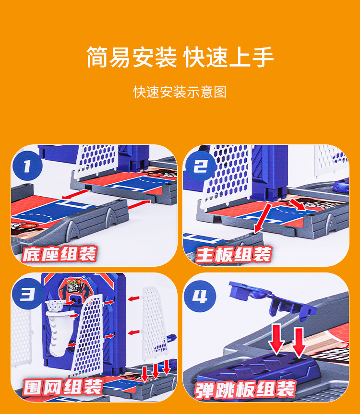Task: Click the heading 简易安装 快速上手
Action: pyautogui.click(x=180, y=57)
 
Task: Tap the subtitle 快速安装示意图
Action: pyautogui.click(x=180, y=92)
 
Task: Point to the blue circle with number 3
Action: pyautogui.click(x=27, y=294)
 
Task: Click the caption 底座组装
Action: pyautogui.click(x=60, y=254)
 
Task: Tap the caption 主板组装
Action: pyautogui.click(x=233, y=255)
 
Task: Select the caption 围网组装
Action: pyautogui.click(x=62, y=387)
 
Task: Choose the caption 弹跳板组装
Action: pyautogui.click(x=245, y=389)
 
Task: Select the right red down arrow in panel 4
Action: pyautogui.click(x=299, y=343)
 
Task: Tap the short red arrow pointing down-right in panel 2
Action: pyautogui.click(x=298, y=205)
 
